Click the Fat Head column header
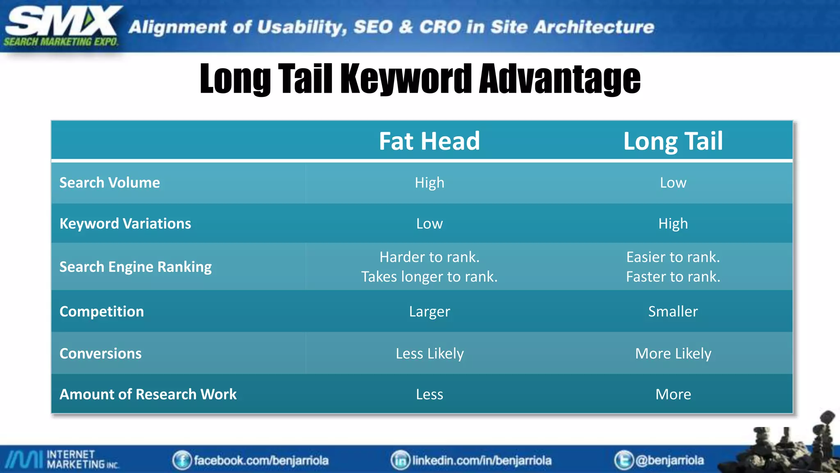pos(429,141)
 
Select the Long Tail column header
pos(673,141)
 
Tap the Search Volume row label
pos(110,183)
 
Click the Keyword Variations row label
pos(125,224)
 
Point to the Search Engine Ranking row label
pos(135,267)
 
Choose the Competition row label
pos(102,312)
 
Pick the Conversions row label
pos(100,354)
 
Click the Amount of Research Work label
pos(148,394)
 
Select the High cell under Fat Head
pos(429,183)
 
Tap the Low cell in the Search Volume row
pos(673,183)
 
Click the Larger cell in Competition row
pos(429,312)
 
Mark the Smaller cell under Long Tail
pos(673,312)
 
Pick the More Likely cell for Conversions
pos(673,354)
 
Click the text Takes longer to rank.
pos(429,277)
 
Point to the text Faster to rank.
pos(673,277)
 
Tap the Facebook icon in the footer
pos(182,460)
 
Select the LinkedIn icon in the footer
pos(400,460)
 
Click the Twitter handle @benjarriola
pos(669,460)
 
